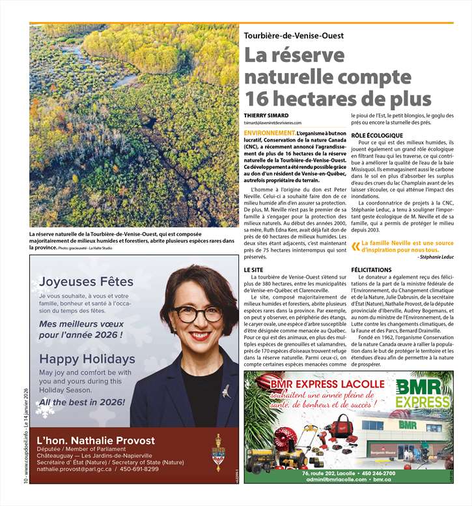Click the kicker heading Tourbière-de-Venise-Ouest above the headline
click(x=294, y=36)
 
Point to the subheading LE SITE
click(x=255, y=269)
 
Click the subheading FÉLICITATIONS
click(x=371, y=269)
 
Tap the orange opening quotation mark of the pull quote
click(x=355, y=246)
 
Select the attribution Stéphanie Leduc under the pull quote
click(x=437, y=257)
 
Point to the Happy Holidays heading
click(x=87, y=359)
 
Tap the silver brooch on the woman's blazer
click(x=225, y=391)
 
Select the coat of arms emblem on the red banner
click(x=217, y=452)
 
